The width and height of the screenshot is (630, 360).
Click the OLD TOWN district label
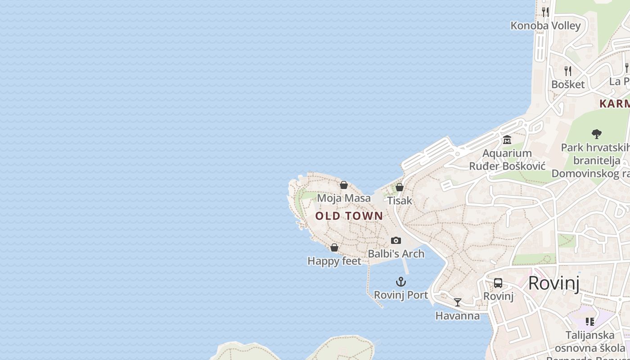point(349,216)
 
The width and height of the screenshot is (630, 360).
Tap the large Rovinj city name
point(553,283)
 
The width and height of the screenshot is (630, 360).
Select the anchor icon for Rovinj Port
point(401,282)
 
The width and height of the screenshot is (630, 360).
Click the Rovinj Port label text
point(401,295)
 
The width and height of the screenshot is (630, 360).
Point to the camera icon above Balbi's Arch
point(396,241)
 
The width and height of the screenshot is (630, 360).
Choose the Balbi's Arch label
point(396,254)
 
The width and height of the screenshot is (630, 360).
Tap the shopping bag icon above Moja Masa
point(344,185)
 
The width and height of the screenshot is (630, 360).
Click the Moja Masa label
point(344,198)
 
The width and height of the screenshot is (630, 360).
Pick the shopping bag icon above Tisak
point(400,187)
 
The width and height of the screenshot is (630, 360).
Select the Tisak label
point(400,200)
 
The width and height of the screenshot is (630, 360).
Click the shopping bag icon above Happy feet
point(334,247)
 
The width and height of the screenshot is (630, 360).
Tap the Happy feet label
point(334,261)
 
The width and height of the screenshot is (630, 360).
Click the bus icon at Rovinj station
point(498,283)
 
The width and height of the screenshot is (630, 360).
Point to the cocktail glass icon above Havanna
point(458,302)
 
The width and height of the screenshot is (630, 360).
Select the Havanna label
point(458,316)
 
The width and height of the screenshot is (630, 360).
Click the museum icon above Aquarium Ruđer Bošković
point(507,140)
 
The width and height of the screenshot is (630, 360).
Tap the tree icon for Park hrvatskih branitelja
point(597,134)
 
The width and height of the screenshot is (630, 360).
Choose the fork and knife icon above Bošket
point(568,71)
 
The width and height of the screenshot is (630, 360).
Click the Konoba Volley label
point(545,26)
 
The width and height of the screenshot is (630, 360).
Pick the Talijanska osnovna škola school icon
point(590,321)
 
